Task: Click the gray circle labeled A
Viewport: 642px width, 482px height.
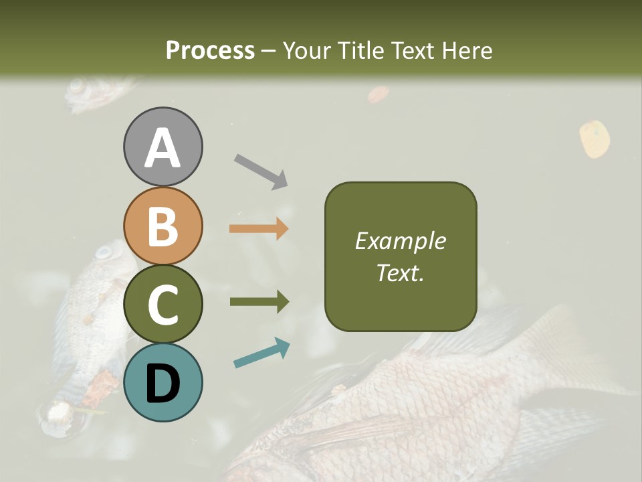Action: point(163,147)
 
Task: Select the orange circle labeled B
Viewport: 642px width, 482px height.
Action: point(163,226)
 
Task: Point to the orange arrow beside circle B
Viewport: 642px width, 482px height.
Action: point(259,228)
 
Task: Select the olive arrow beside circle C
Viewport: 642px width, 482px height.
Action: point(259,302)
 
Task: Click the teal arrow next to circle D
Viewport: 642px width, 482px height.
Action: point(261,353)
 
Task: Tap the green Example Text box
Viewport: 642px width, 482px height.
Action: point(401,256)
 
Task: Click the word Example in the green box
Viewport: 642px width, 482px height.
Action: point(401,241)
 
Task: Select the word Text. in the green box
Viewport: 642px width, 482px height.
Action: point(401,272)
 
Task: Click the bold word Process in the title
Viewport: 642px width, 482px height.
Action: point(210,50)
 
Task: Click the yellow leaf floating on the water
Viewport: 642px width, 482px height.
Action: point(594,139)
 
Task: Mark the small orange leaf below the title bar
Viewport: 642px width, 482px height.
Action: point(378,94)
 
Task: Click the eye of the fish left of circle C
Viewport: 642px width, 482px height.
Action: point(103,253)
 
